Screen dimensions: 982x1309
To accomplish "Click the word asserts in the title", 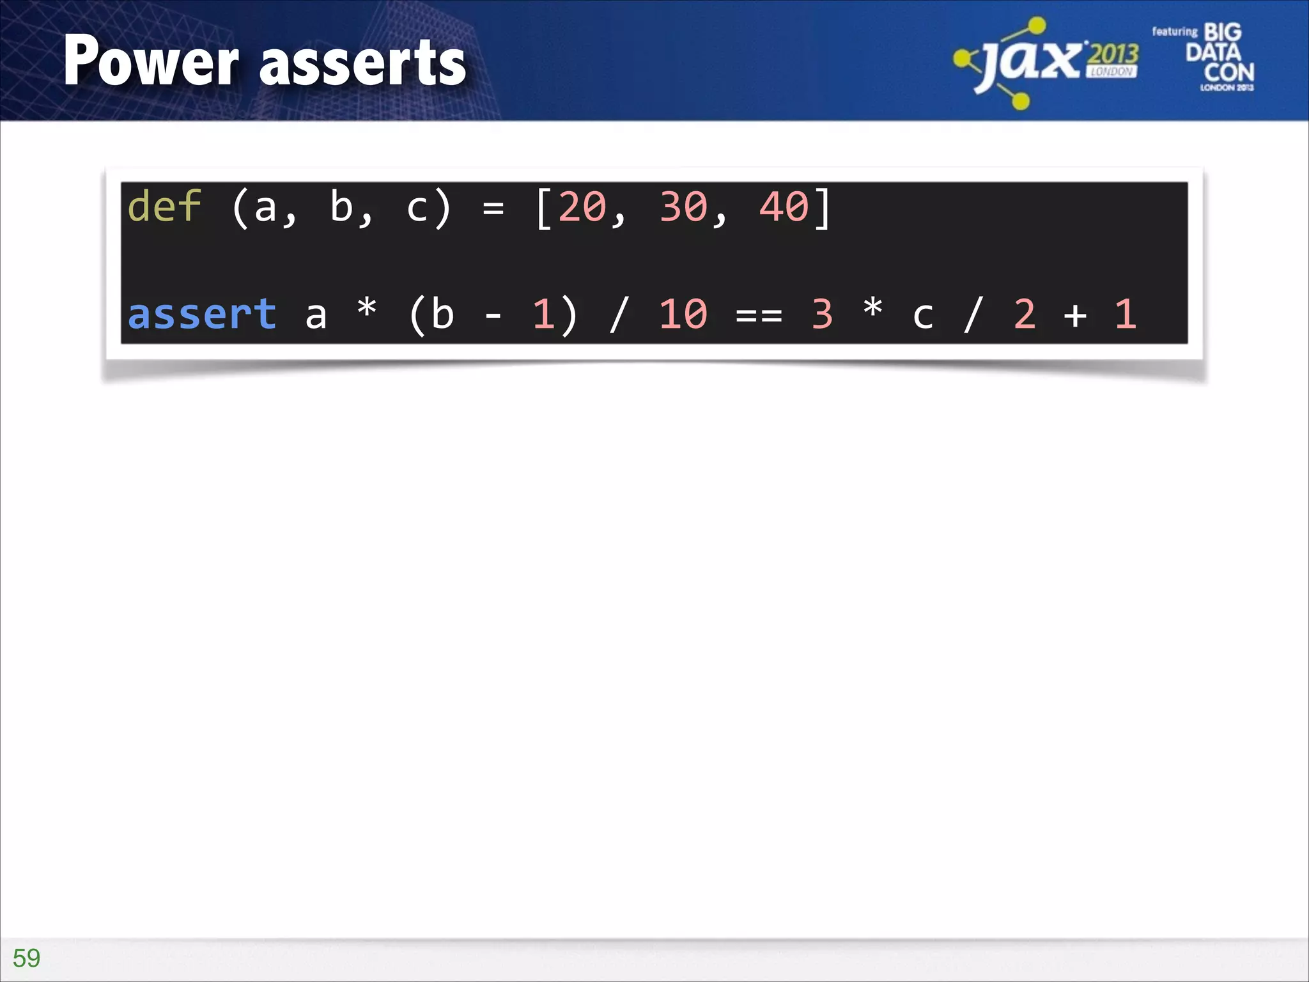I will (x=363, y=63).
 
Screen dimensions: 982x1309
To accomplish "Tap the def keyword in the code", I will (x=164, y=207).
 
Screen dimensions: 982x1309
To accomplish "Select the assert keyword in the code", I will (x=202, y=314).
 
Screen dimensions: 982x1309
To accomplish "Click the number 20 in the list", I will (x=582, y=207).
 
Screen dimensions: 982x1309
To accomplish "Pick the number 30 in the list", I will (x=683, y=207).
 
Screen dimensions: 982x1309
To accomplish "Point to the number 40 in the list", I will (x=784, y=207).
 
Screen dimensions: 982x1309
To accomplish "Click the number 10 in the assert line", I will (x=683, y=314).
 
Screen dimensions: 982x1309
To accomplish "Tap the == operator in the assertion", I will (x=759, y=315).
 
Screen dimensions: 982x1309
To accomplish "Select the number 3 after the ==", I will (x=822, y=314).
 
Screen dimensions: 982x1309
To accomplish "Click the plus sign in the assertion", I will (x=1075, y=315).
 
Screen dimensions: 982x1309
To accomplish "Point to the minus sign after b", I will (x=493, y=315).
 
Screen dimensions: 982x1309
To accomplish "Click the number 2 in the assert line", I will (x=1024, y=314).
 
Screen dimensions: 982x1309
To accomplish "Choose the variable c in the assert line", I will (x=922, y=315).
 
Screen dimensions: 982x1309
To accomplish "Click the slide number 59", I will (x=26, y=958).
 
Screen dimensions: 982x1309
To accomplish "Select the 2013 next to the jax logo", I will (x=1113, y=54).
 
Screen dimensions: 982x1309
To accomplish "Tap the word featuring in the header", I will (x=1174, y=31).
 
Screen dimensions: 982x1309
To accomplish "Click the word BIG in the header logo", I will (x=1222, y=32).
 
